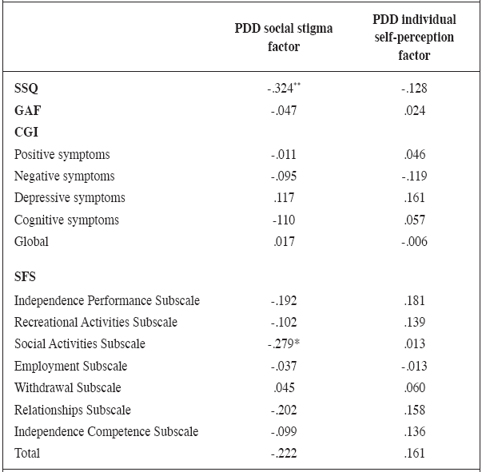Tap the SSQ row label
(27, 89)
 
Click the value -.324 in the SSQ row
(284, 89)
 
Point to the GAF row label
(28, 110)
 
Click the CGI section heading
(27, 132)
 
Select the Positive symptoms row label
(62, 154)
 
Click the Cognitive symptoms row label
(66, 220)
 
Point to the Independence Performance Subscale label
(106, 300)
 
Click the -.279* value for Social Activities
(284, 344)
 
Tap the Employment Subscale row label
(70, 366)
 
